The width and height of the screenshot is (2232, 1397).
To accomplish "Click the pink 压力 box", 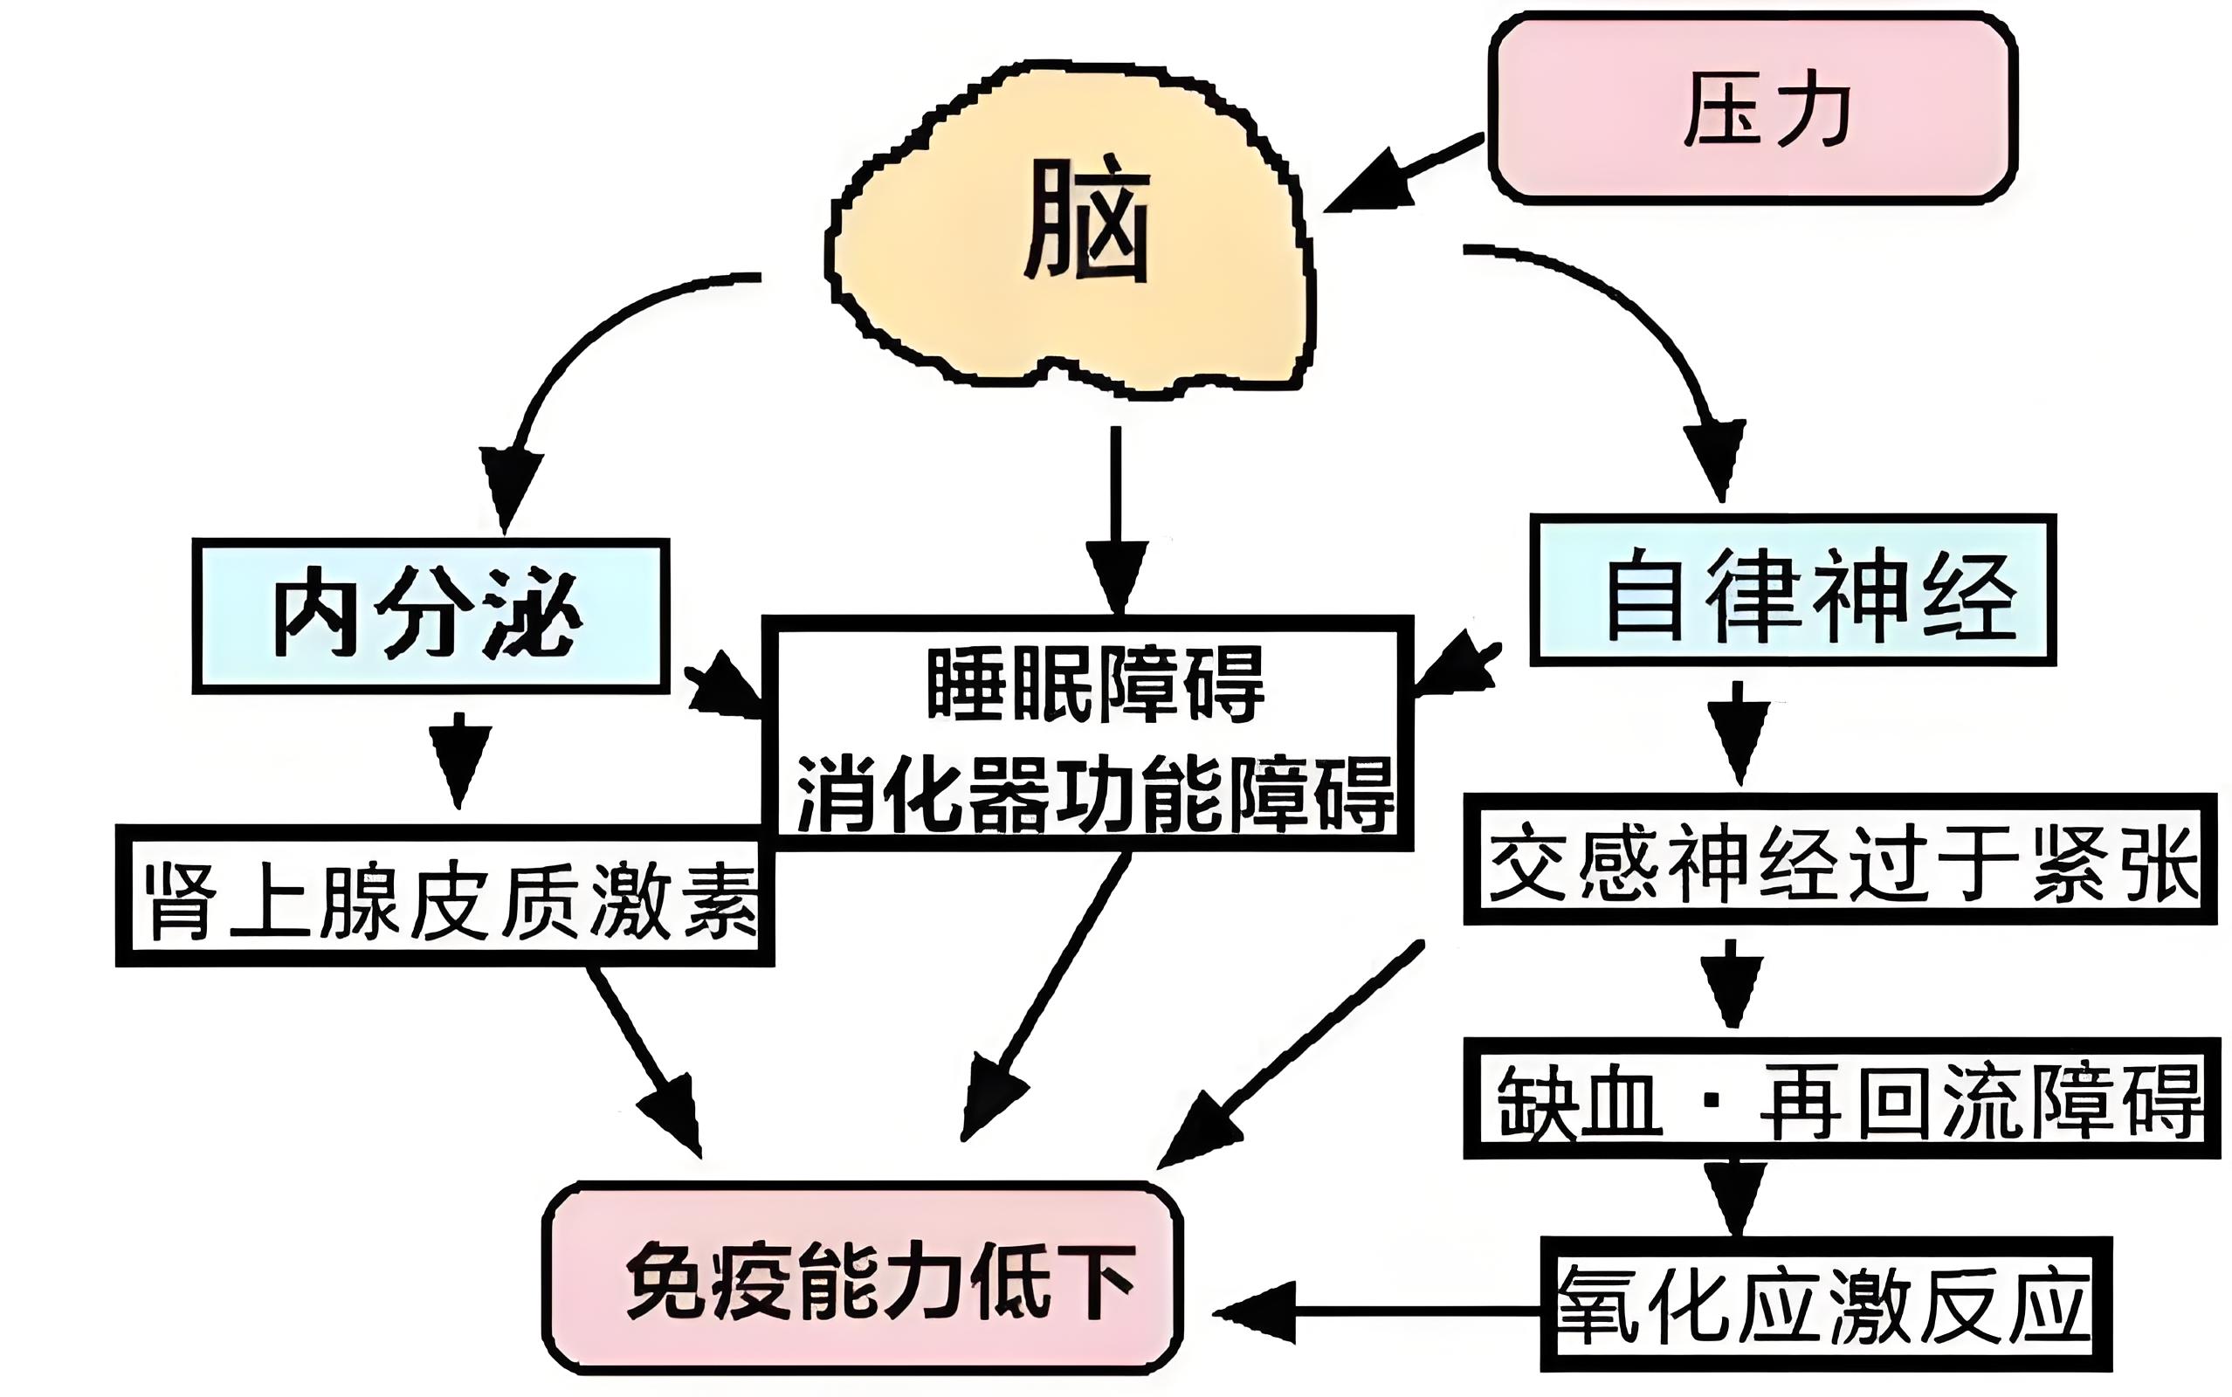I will (1752, 109).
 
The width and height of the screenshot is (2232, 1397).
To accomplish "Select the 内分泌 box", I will (430, 616).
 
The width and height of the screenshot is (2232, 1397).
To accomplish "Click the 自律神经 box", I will (1792, 591).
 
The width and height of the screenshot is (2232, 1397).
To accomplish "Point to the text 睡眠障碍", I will (1095, 685).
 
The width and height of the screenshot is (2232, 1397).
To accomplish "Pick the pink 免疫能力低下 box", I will (863, 1280).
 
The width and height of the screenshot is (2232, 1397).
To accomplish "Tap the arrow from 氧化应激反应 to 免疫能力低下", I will (1376, 1311).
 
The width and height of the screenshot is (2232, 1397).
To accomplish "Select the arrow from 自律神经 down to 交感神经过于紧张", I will (1738, 732).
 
